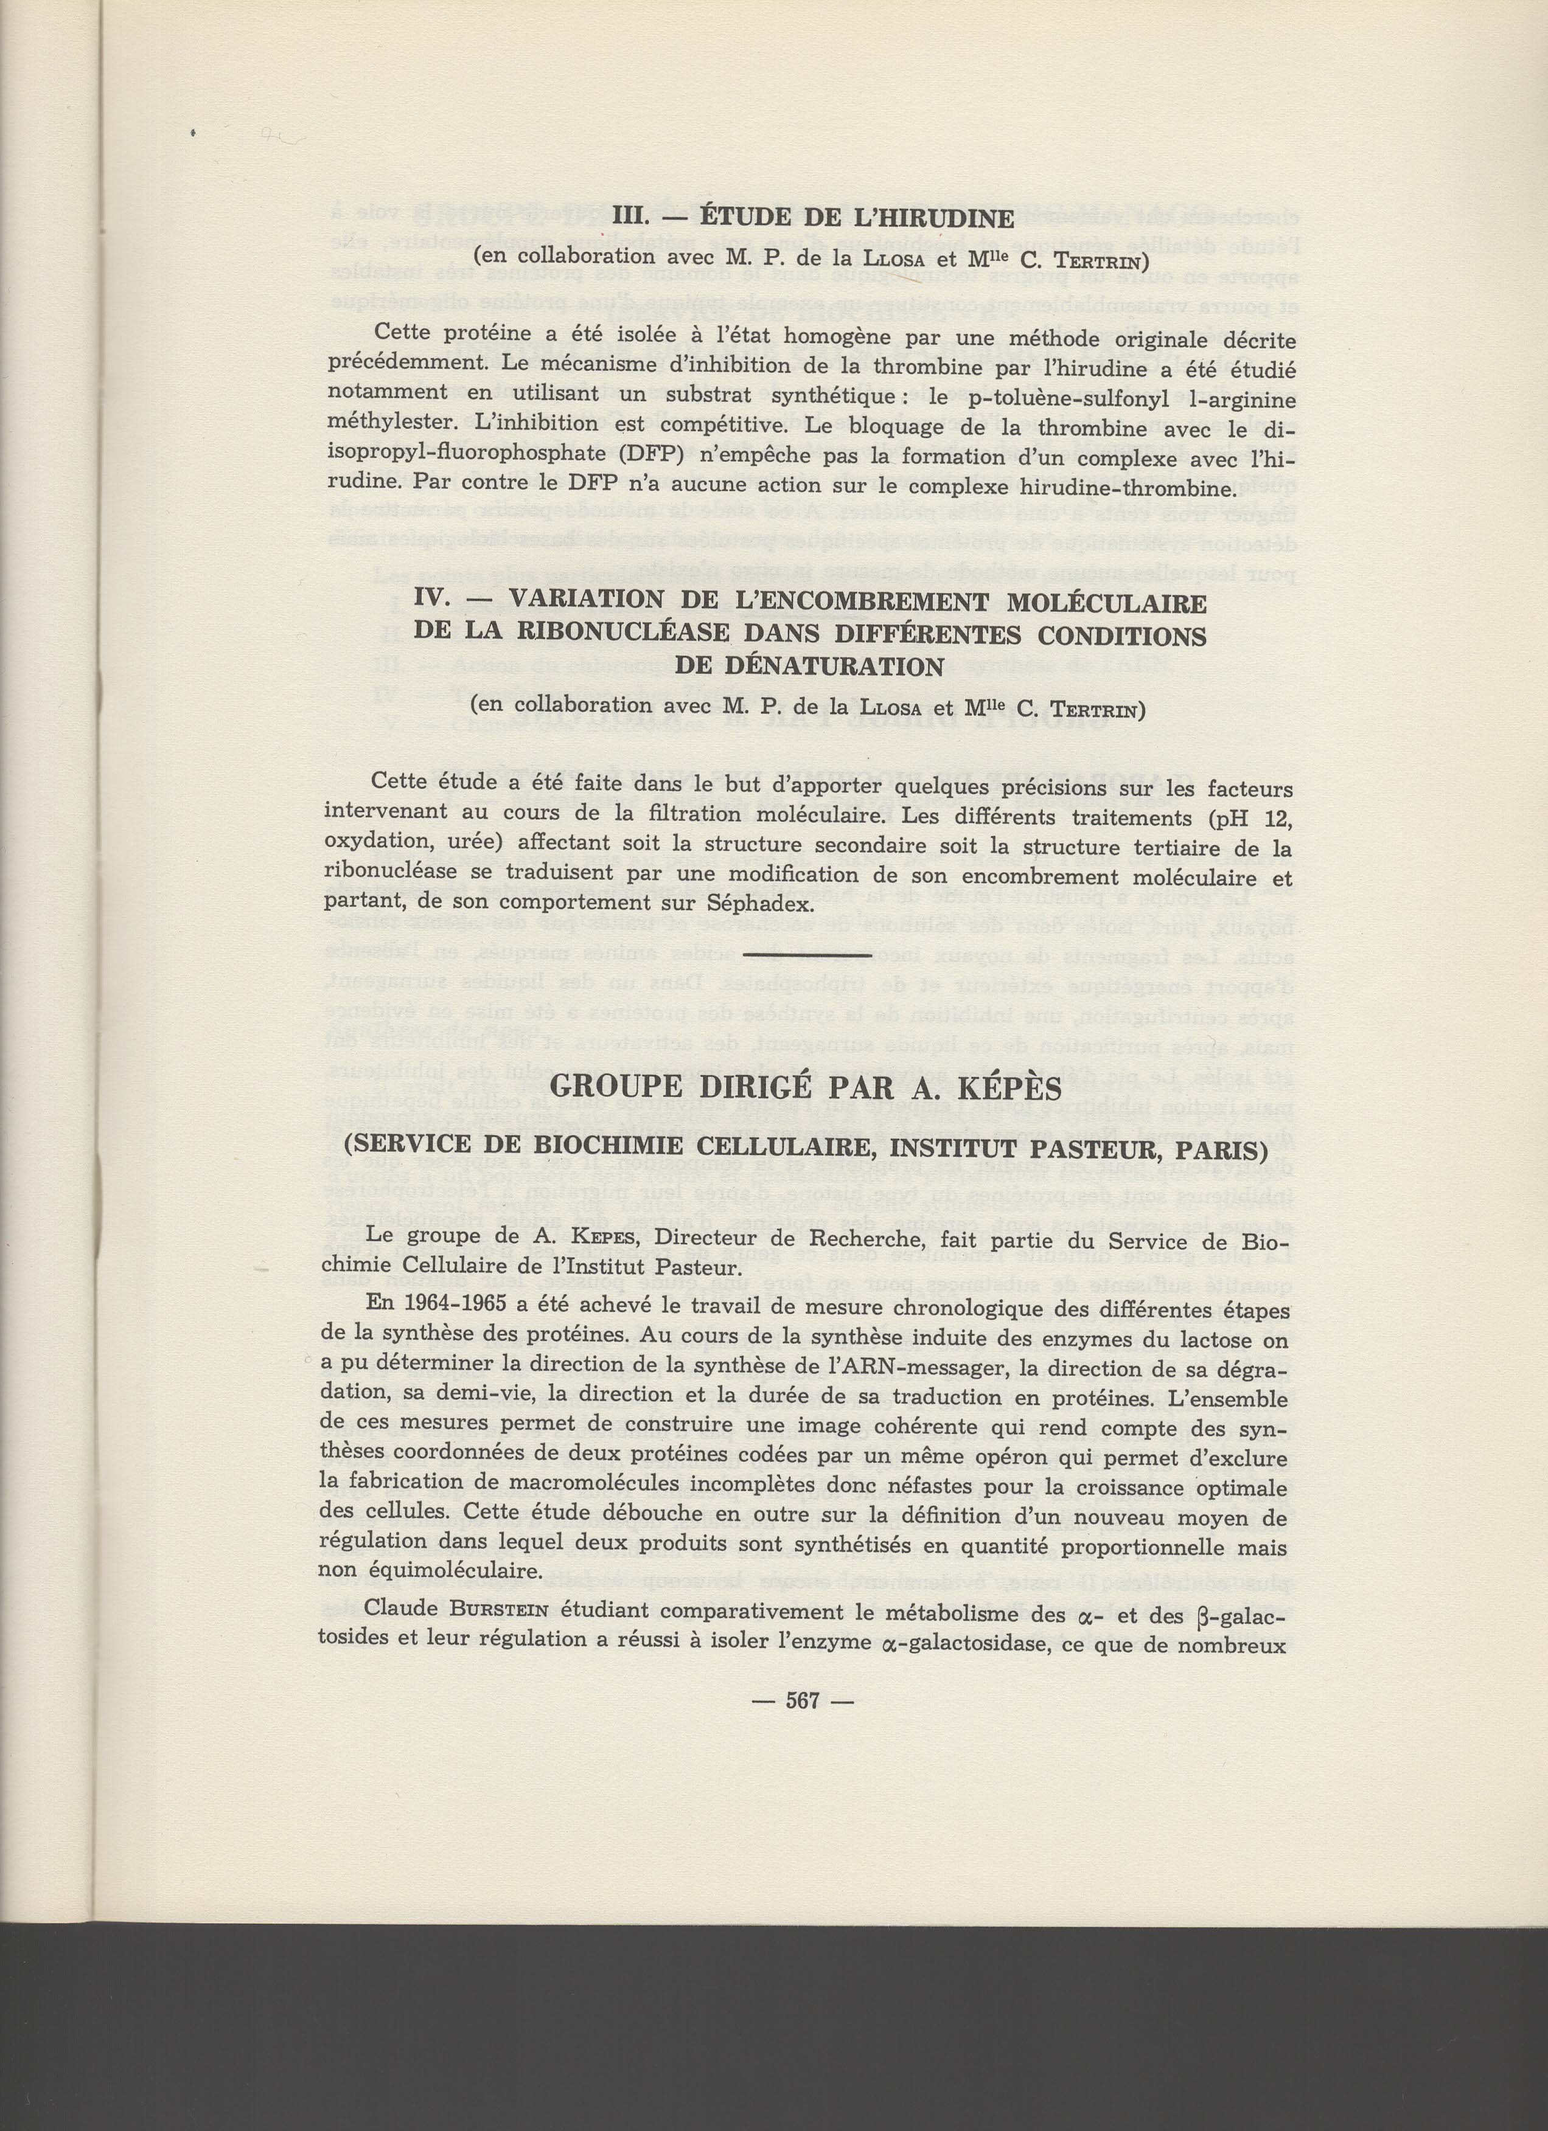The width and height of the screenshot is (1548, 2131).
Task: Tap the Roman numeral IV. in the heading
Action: pyautogui.click(x=435, y=600)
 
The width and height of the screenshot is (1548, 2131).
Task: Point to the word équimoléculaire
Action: pyautogui.click(x=459, y=1571)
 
